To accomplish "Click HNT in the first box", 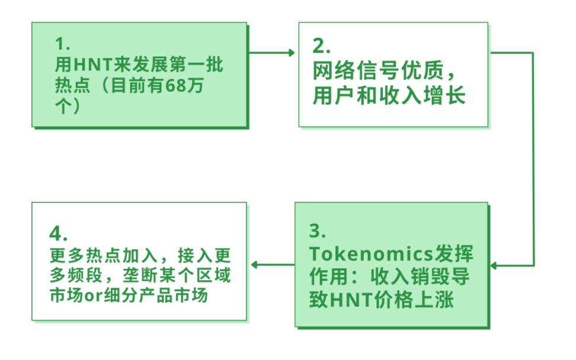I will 91,65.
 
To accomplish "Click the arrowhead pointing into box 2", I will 291,53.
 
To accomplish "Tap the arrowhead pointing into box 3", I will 493,265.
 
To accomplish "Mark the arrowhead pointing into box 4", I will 255,265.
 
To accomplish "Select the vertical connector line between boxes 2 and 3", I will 534,160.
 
